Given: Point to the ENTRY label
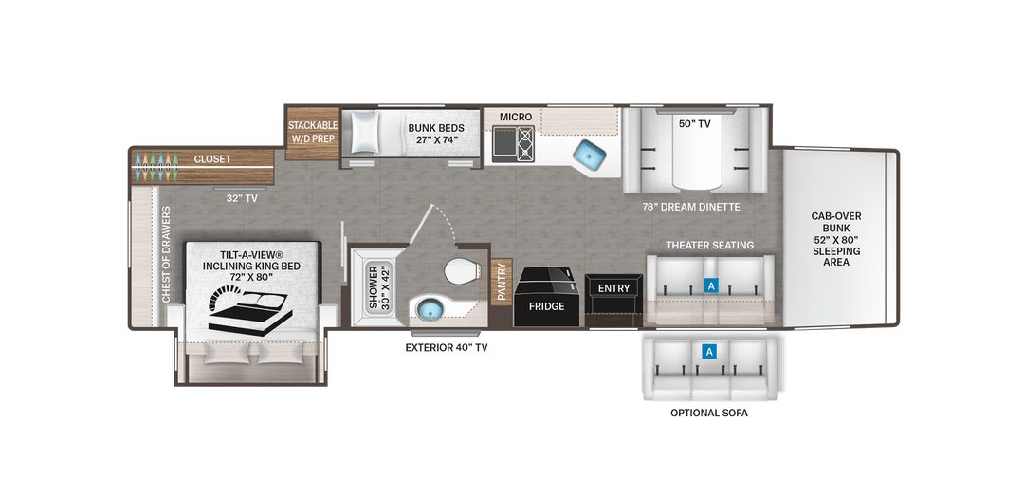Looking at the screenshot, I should click(x=613, y=288).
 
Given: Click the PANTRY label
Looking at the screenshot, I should click(x=502, y=282).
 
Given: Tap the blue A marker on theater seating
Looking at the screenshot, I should click(x=709, y=284).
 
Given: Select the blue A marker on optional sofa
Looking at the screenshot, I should click(x=708, y=352).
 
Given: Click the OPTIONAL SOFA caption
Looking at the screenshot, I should click(x=709, y=413).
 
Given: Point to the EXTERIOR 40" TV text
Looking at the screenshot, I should click(x=447, y=347).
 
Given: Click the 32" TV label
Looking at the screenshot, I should click(x=243, y=198).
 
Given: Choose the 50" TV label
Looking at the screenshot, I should click(x=696, y=123).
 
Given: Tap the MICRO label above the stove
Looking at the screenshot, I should click(x=516, y=117).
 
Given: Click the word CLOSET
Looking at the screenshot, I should click(x=211, y=159).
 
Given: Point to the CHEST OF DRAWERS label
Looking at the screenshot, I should click(x=167, y=255).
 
